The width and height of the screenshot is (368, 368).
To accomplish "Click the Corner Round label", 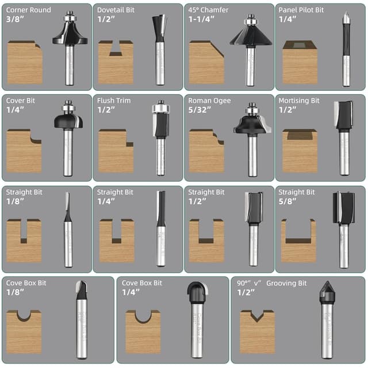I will pos(28,10).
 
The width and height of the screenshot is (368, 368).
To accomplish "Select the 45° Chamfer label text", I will pos(208,10).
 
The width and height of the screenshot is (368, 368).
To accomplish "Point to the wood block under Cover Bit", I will pos(24,152).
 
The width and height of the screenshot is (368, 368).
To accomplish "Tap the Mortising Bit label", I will pos(298,101).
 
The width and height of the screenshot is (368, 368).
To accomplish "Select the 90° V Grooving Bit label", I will pos(272,283).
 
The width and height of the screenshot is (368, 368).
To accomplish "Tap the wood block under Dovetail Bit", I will pos(116,63).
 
